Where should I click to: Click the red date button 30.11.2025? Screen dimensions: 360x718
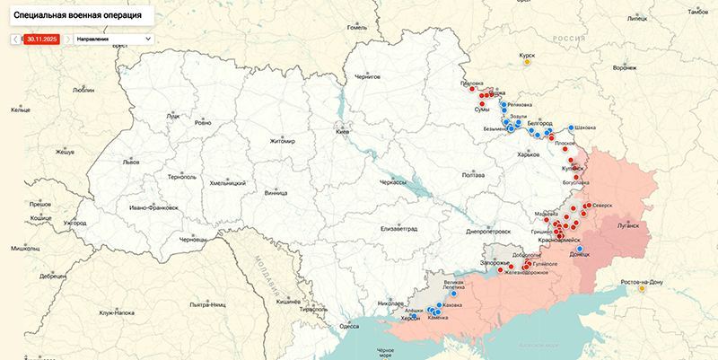click(x=42, y=39)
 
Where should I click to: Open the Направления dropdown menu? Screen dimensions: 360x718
click(x=112, y=39)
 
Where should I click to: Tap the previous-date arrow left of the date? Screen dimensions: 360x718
click(x=15, y=39)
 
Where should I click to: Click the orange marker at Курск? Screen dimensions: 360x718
click(x=527, y=62)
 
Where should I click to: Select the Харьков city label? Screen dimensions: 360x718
click(x=530, y=154)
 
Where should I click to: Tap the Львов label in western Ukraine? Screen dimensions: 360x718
click(x=132, y=162)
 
